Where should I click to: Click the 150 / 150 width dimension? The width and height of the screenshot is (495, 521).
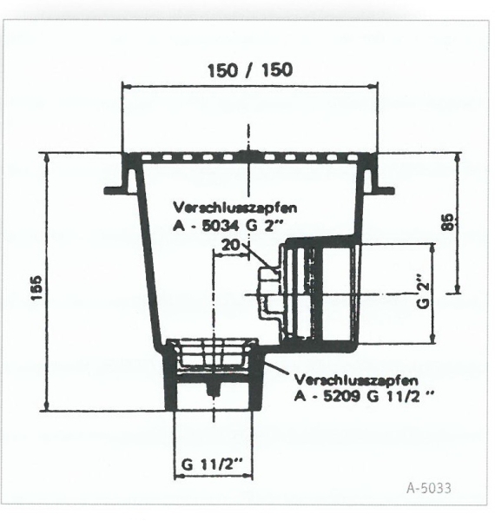[x=250, y=70]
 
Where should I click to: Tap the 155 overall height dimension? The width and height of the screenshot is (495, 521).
[x=36, y=287]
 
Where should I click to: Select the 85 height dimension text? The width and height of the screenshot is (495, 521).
[x=447, y=221]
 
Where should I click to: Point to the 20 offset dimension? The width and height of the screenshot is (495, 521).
[x=230, y=245]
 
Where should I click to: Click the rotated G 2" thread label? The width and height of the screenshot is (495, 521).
[x=424, y=291]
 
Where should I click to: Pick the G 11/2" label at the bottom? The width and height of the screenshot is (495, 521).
[x=212, y=464]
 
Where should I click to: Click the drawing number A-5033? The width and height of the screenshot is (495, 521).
[x=429, y=488]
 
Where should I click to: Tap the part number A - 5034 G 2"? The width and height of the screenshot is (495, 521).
[x=228, y=226]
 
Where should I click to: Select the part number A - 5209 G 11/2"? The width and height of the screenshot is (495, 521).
[x=364, y=396]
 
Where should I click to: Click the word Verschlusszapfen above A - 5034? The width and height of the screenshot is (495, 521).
[x=234, y=208]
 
